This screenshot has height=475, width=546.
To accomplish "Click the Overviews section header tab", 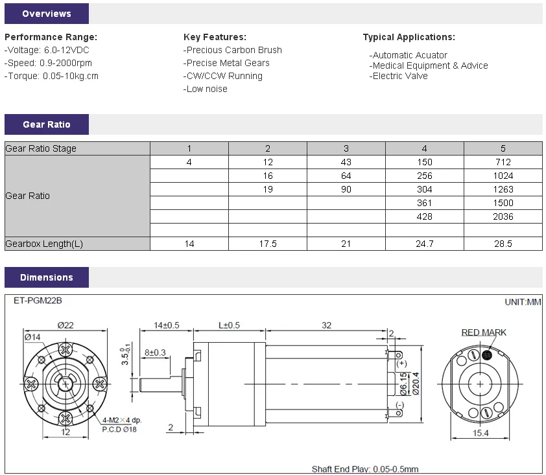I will [46, 14].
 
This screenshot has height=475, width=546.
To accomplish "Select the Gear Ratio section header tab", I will [46, 124].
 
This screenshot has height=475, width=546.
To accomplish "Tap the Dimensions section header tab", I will [46, 277].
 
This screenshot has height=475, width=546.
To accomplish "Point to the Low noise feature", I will [206, 89].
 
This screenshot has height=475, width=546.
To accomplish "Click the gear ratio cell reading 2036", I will [503, 216].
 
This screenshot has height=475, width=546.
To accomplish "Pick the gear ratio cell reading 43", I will [346, 162].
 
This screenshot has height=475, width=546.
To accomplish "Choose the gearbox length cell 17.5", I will [268, 244].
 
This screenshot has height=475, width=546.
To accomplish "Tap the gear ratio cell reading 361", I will [424, 203].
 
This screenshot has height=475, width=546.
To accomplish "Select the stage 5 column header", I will [503, 148].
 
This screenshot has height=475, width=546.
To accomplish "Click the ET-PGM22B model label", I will [38, 301].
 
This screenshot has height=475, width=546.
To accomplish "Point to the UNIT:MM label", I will [523, 302].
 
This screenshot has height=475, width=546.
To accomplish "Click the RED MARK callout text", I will [484, 332].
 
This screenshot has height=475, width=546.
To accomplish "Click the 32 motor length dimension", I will [326, 325].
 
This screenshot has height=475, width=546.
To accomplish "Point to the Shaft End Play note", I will [364, 469].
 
